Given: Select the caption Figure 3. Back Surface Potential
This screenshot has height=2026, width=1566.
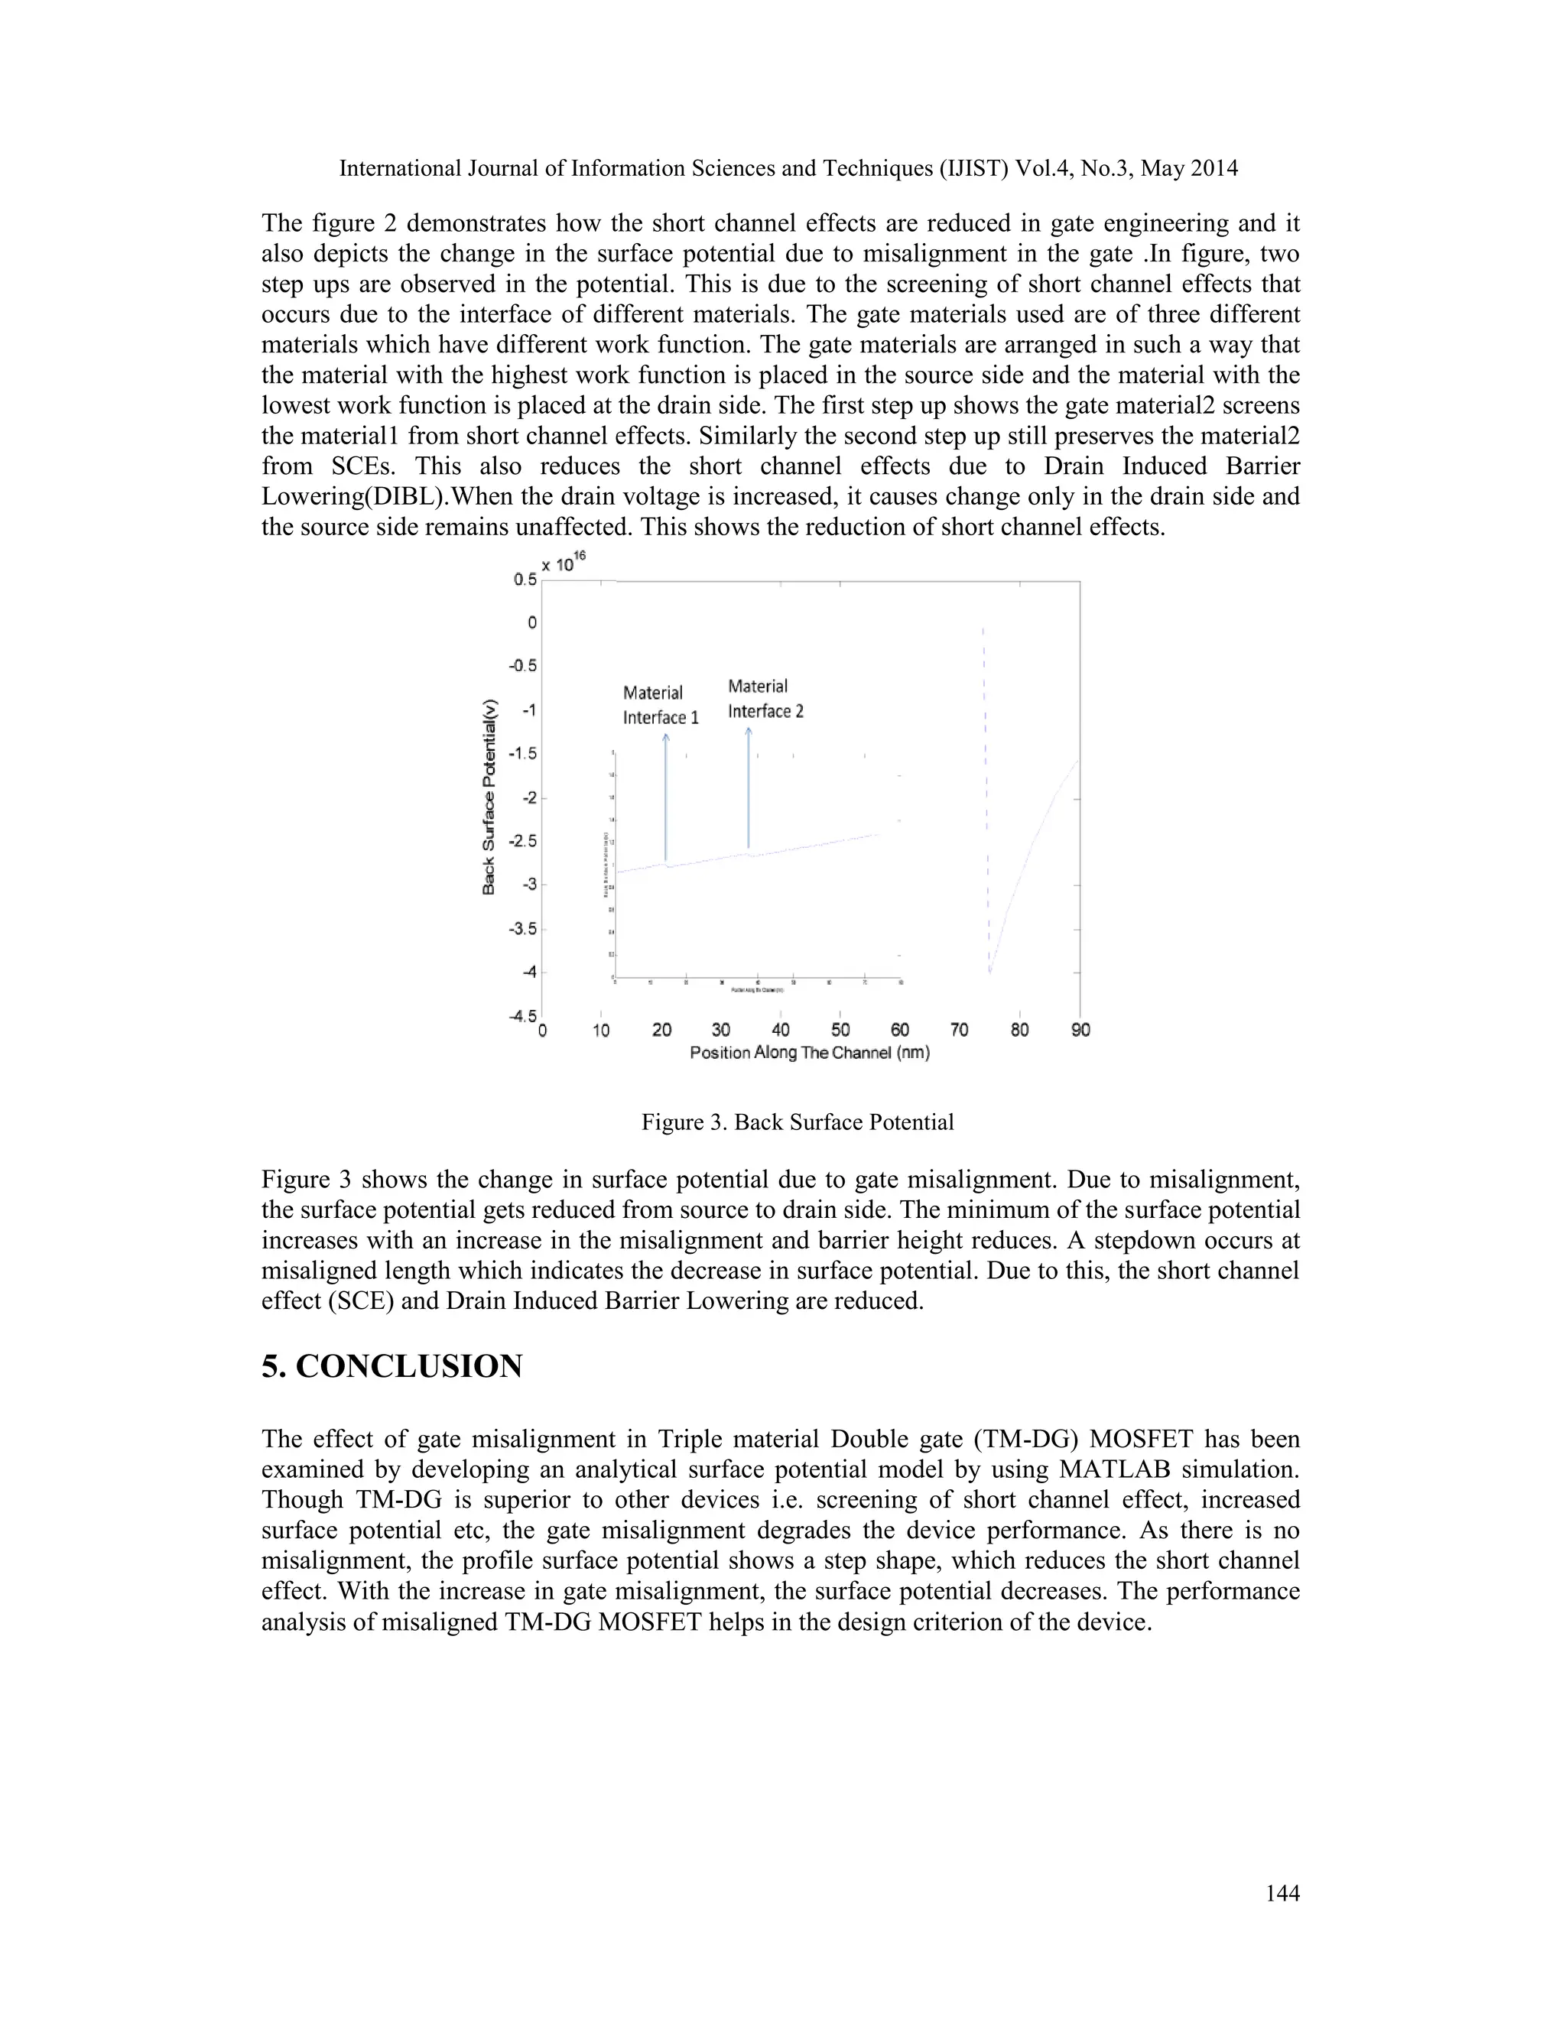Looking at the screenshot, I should tap(797, 1122).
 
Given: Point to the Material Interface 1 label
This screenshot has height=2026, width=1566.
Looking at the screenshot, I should tap(660, 705).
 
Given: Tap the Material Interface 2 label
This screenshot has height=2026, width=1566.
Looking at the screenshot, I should tap(765, 699).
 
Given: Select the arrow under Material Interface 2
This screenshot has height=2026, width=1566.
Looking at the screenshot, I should tap(749, 788).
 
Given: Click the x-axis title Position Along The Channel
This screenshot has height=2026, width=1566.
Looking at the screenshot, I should tap(809, 1053).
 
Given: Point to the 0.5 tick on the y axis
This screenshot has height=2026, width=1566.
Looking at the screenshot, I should tap(525, 580).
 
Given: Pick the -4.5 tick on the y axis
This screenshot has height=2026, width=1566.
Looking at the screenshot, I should tap(522, 1016).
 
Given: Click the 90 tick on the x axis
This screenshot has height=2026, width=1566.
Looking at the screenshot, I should tap(1080, 1030).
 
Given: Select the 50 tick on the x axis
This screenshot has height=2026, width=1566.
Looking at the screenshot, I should tap(840, 1030).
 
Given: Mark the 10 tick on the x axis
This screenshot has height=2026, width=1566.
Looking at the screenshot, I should tap(601, 1030).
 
